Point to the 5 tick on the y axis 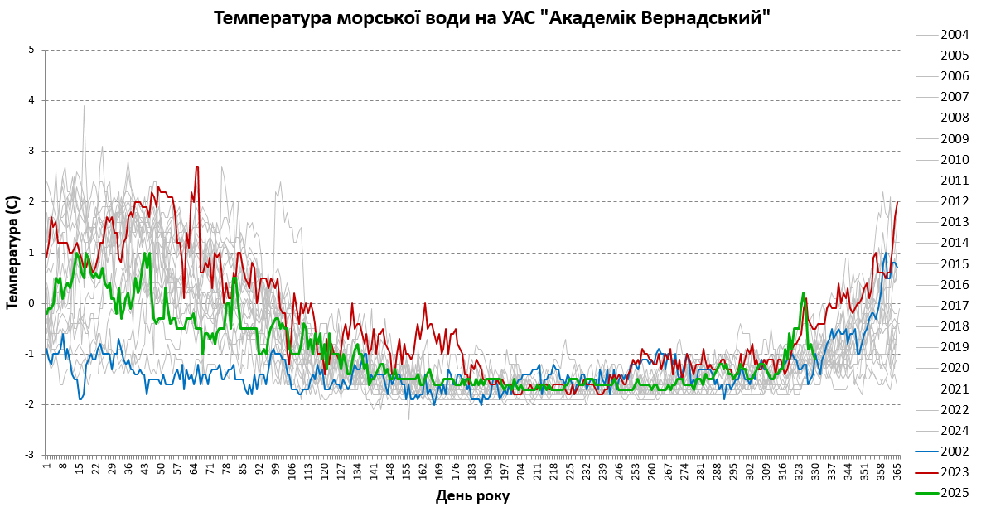pos(31,50)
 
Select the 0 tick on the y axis pos(31,303)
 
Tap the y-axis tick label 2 pos(31,201)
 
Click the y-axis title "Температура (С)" pos(12,252)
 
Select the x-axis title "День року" pos(472,495)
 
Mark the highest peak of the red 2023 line pos(197,167)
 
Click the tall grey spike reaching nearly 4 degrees pos(84,106)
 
